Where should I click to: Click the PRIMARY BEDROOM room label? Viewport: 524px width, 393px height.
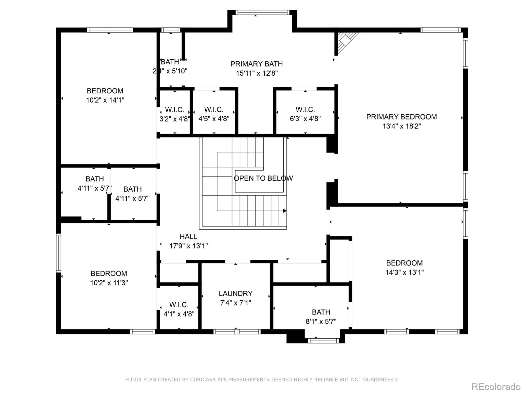[401, 117]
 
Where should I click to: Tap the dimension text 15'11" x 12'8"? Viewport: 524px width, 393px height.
[257, 73]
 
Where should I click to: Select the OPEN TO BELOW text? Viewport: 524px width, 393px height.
[263, 178]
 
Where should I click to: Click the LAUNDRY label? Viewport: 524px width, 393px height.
[235, 293]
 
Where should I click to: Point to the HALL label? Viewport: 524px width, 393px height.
[188, 236]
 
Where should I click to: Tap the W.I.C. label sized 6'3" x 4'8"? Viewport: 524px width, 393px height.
[305, 110]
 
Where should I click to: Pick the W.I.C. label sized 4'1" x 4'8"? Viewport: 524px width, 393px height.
[179, 305]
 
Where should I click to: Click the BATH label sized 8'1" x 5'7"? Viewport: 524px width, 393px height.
[321, 312]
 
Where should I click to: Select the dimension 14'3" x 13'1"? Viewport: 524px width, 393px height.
[404, 272]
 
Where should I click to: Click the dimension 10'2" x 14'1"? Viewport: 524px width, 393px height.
[105, 100]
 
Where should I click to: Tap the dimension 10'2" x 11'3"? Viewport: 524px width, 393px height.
[109, 283]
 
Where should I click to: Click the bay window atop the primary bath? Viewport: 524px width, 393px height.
[262, 13]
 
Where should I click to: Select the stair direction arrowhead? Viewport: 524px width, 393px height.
[285, 211]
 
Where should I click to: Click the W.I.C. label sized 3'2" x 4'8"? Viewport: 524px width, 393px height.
[174, 110]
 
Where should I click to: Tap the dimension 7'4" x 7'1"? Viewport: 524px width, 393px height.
[235, 303]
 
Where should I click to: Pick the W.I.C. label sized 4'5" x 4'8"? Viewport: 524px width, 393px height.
[214, 110]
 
